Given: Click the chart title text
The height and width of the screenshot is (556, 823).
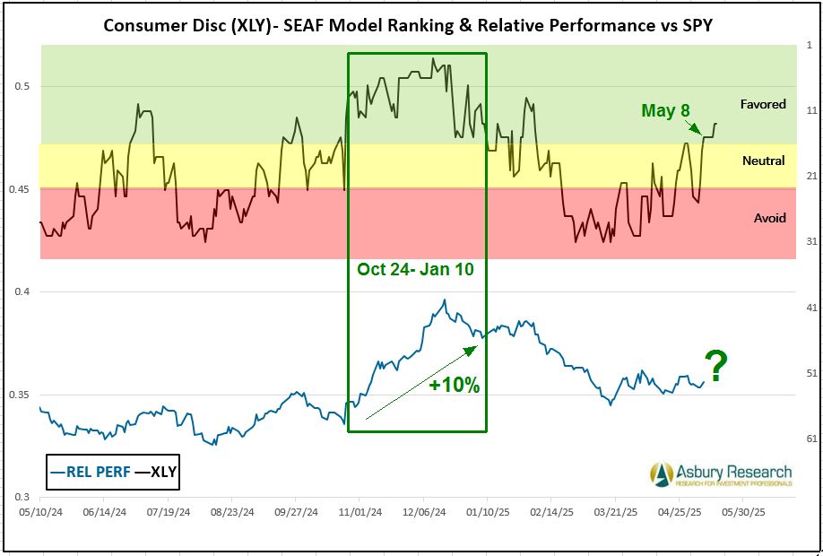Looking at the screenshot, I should (410, 23).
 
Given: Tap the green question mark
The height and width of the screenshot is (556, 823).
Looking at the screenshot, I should (715, 367).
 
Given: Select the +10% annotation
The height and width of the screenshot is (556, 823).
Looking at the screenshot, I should (455, 386).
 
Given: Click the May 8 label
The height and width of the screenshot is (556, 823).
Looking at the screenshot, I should (665, 110).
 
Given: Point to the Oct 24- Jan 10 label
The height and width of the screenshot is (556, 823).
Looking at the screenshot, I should (415, 269).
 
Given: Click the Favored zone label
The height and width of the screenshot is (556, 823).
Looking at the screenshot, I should (762, 104).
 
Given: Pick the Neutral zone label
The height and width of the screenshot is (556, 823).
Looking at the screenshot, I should (763, 161).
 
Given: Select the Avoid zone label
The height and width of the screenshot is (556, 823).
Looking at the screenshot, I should (769, 218).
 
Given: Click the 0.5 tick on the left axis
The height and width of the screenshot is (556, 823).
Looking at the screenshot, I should (23, 87).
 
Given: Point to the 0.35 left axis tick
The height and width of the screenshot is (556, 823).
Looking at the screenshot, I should (20, 395).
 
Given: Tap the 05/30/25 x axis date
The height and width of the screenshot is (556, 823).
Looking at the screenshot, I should (744, 513).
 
